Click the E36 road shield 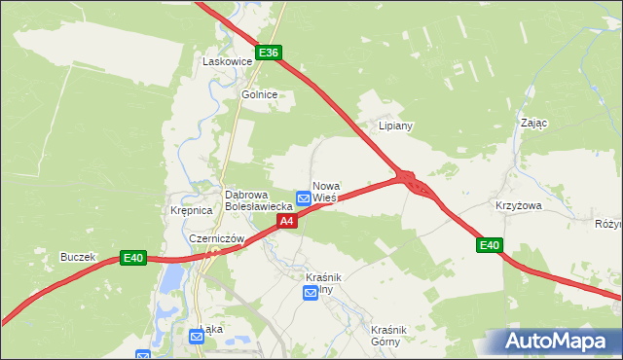click(x=270, y=53)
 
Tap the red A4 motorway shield click(x=286, y=222)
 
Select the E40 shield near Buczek click(x=133, y=258)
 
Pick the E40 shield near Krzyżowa click(x=490, y=246)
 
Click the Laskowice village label click(x=227, y=61)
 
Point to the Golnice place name click(x=260, y=94)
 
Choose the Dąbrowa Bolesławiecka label click(x=259, y=200)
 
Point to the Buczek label click(x=77, y=257)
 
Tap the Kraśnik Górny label click(x=392, y=336)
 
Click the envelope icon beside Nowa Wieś click(x=304, y=198)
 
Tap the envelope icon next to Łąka click(x=197, y=337)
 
